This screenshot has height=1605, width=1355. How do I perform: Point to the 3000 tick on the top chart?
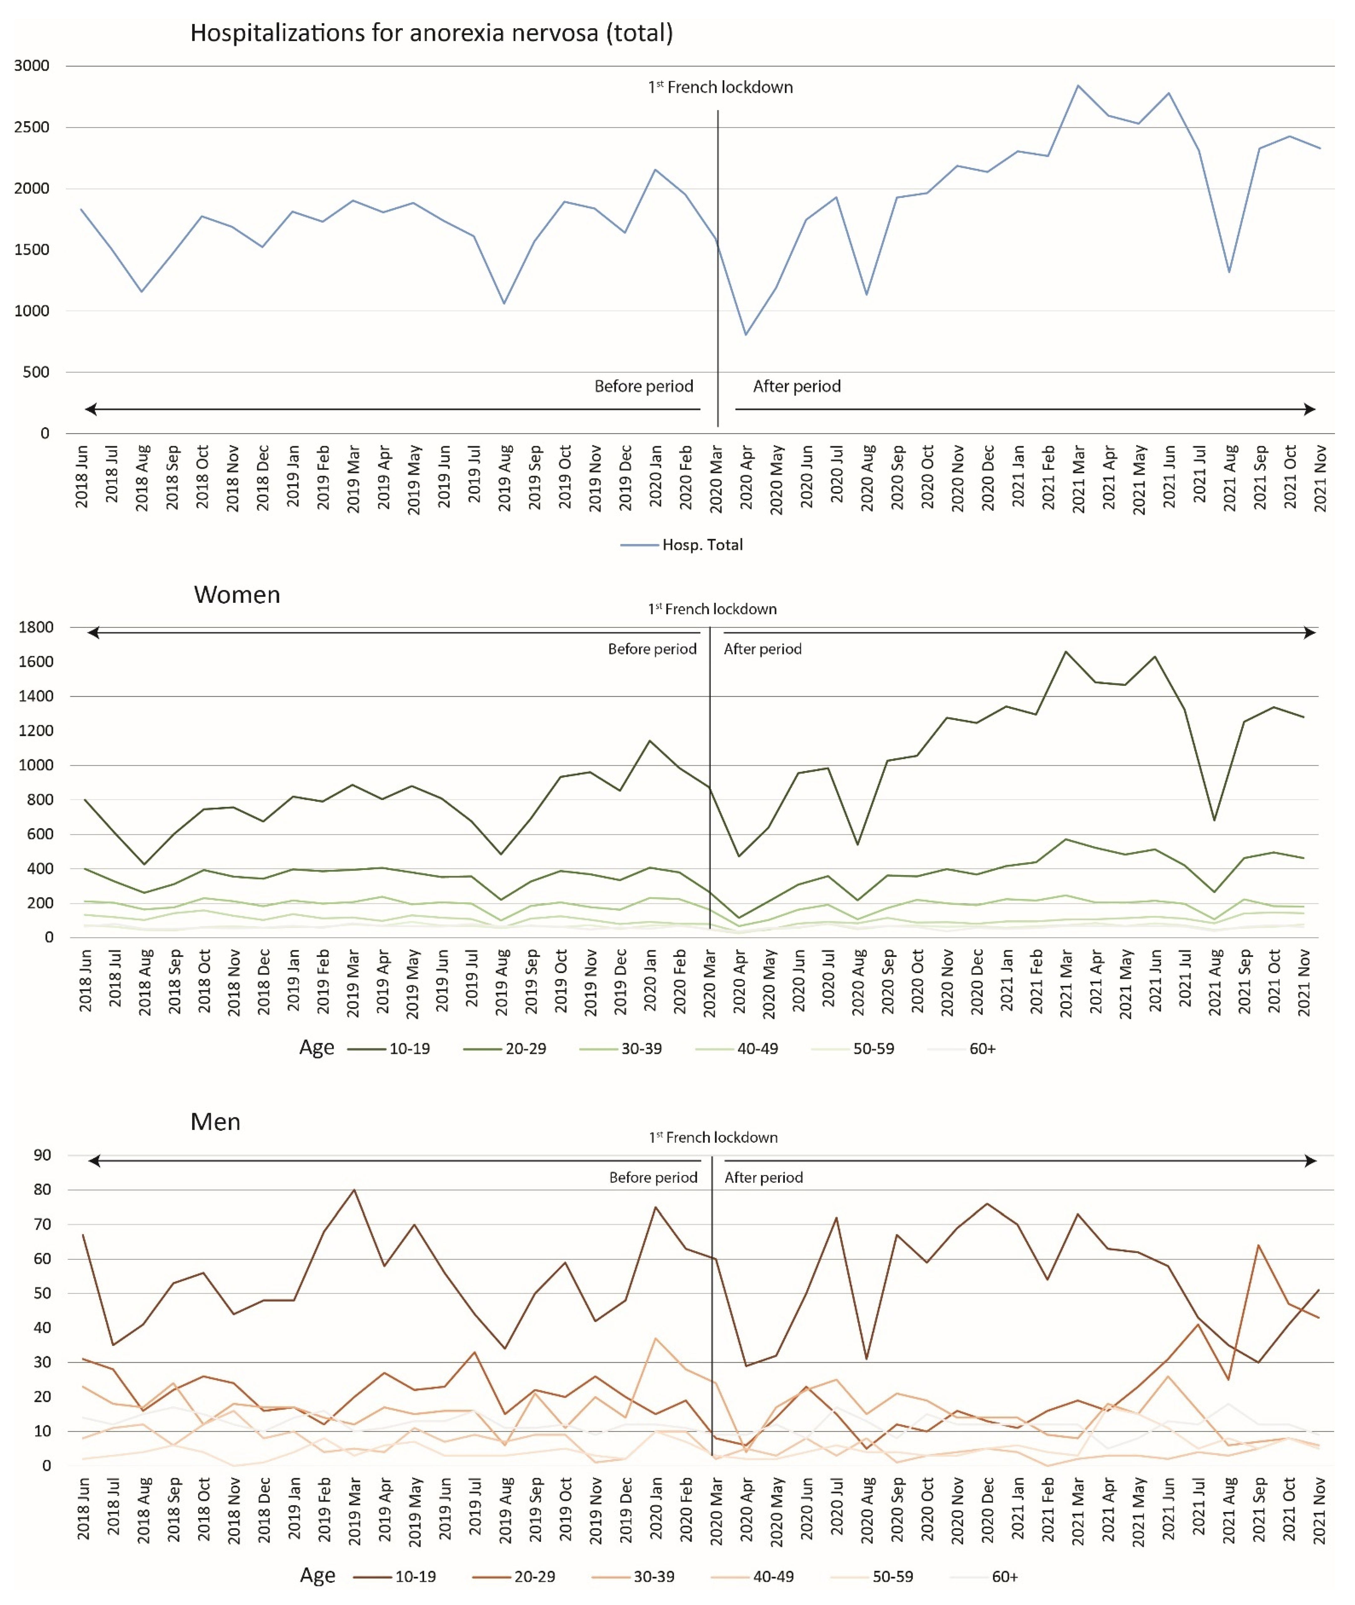[32, 66]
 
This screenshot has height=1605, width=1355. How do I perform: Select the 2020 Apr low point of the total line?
[745, 335]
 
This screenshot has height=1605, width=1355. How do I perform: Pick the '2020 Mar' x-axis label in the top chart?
[716, 478]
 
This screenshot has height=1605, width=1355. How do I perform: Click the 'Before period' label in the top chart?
[644, 386]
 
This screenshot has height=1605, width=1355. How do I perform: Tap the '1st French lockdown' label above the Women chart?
[712, 609]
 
